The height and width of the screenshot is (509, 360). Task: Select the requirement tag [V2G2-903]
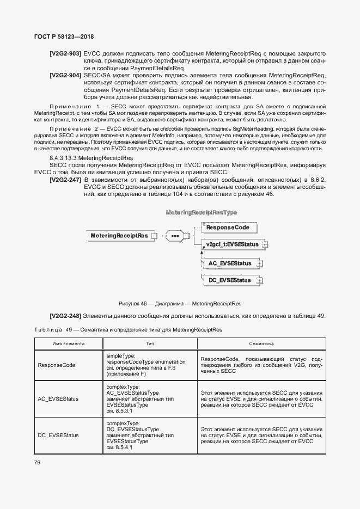coord(65,53)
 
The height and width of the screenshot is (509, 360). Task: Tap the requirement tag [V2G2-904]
coord(65,75)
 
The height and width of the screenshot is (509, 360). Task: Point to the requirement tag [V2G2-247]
coord(65,180)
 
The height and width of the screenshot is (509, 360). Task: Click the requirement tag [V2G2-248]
coord(65,316)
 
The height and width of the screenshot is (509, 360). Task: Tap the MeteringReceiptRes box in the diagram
coord(119,236)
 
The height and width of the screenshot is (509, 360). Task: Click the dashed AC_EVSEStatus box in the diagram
coord(230,263)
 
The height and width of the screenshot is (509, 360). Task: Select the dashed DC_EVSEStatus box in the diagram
coord(230,280)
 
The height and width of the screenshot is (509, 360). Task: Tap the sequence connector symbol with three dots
coord(175,236)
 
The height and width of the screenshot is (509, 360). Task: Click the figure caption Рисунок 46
coord(180,303)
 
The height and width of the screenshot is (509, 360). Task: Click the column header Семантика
coord(261,344)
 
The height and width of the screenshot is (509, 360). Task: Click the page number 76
coord(38,463)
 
